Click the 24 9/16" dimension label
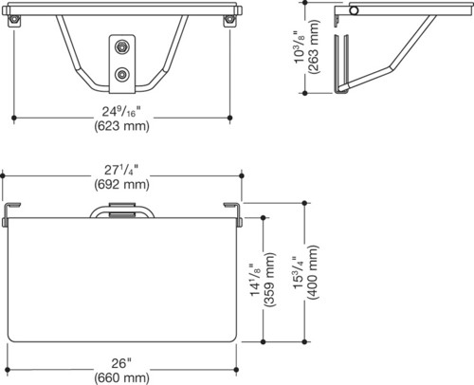[121, 112]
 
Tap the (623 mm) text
[121, 126]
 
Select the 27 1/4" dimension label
[121, 170]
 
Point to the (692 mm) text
[121, 185]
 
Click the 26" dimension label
[121, 363]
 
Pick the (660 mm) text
[121, 377]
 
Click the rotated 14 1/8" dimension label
[255, 280]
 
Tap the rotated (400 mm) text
[314, 272]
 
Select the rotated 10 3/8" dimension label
[300, 47]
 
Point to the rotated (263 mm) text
[314, 47]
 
